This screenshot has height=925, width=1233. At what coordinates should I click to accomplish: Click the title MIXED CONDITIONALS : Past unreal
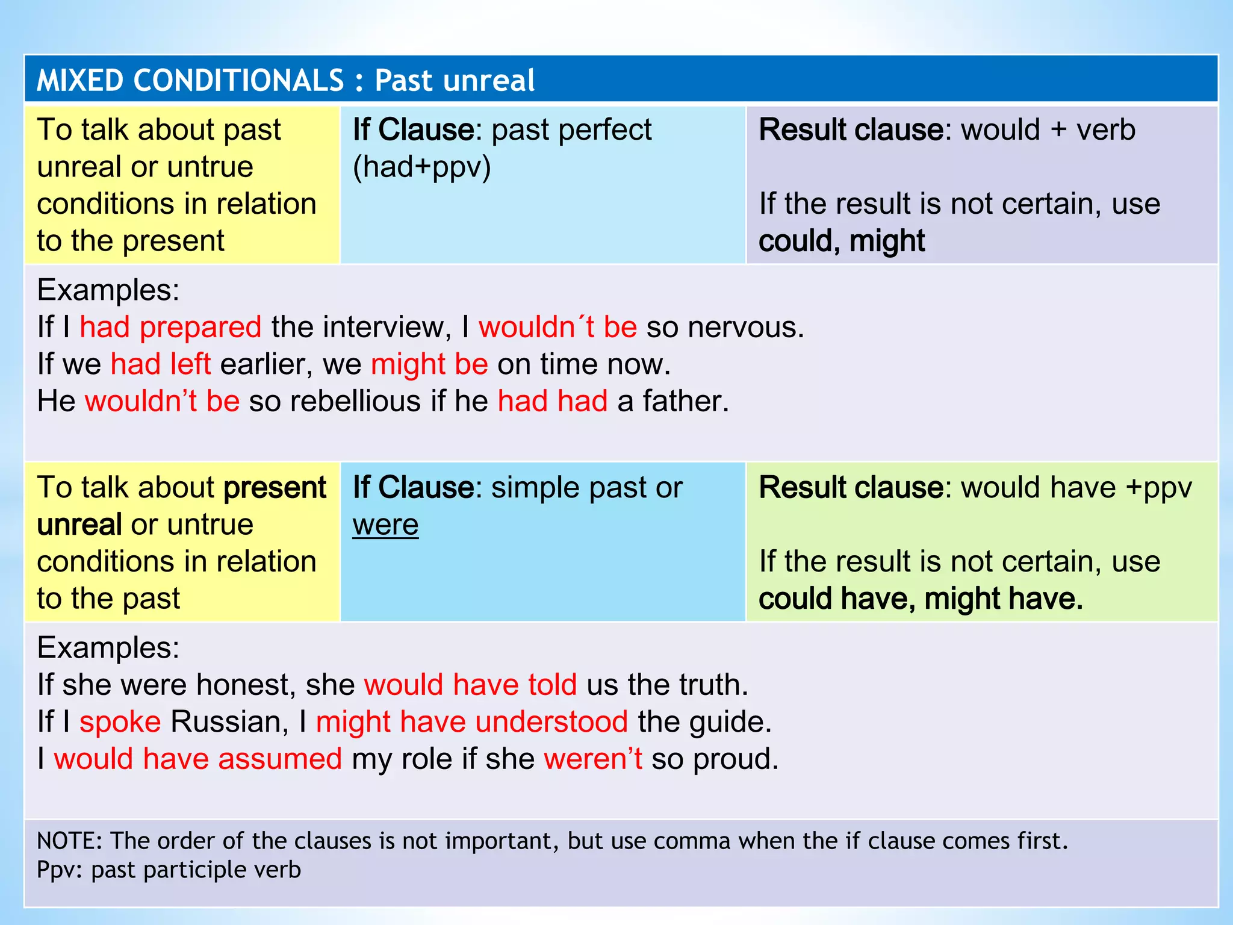click(285, 80)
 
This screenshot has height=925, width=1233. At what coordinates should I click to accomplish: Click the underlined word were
click(385, 525)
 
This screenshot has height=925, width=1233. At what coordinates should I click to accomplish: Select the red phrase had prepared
click(170, 328)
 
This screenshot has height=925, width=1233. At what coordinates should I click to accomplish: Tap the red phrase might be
click(429, 365)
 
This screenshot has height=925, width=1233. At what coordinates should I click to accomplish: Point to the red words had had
click(552, 402)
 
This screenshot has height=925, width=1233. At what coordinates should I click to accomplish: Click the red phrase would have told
click(470, 685)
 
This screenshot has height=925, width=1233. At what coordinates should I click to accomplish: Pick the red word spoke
click(120, 722)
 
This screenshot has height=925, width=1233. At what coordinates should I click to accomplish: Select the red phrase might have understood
click(472, 722)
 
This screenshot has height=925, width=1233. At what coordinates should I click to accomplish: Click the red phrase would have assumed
click(198, 759)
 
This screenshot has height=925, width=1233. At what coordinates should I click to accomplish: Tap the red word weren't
click(593, 759)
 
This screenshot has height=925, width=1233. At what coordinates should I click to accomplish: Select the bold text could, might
click(841, 241)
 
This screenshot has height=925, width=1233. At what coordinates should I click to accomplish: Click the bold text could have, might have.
click(921, 599)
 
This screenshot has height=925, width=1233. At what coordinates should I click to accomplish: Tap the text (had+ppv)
click(421, 167)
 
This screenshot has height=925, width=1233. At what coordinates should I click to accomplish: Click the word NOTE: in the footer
click(70, 841)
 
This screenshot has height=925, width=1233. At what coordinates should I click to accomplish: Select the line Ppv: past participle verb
click(169, 870)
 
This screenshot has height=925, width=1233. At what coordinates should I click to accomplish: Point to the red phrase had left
click(161, 365)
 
